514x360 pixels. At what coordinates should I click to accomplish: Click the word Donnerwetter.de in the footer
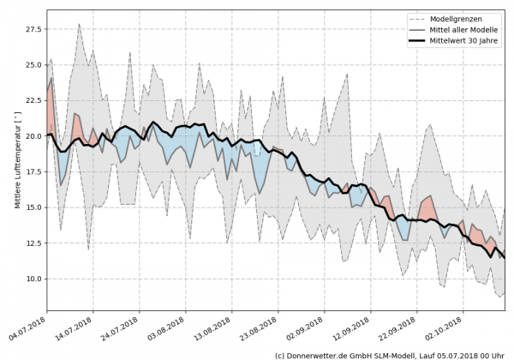pos(317,354)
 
